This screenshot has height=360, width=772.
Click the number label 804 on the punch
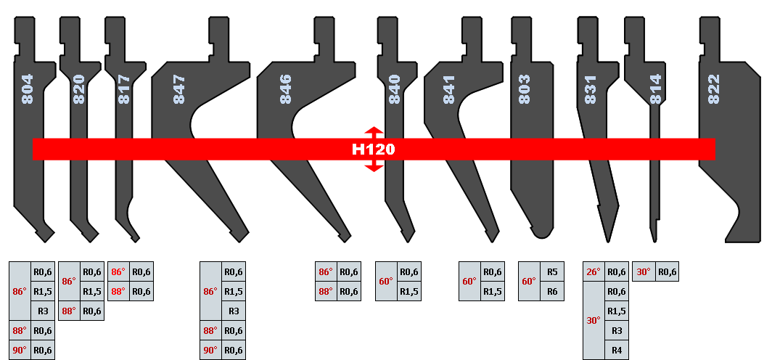pyautogui.click(x=28, y=90)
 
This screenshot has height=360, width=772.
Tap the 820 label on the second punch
pyautogui.click(x=79, y=89)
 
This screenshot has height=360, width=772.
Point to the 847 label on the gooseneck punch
pyautogui.click(x=178, y=90)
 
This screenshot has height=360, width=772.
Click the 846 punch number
pyautogui.click(x=285, y=90)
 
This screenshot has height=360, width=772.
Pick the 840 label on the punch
pyautogui.click(x=394, y=90)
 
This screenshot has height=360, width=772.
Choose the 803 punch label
pyautogui.click(x=525, y=90)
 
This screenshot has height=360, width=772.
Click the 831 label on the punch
pyautogui.click(x=591, y=90)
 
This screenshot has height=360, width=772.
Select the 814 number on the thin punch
pyautogui.click(x=656, y=90)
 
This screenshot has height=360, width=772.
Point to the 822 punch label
pyautogui.click(x=713, y=90)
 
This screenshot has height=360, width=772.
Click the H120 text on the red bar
pyautogui.click(x=373, y=150)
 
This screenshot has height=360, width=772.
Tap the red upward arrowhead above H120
pyautogui.click(x=373, y=131)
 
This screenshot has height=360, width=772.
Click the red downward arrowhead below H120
pyautogui.click(x=373, y=168)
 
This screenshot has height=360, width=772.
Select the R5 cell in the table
pyautogui.click(x=552, y=272)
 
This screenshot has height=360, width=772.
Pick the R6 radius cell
pyautogui.click(x=552, y=291)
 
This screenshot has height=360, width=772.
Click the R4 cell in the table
pyautogui.click(x=617, y=350)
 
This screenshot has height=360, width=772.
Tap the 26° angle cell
pyautogui.click(x=594, y=272)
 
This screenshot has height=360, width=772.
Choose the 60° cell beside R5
pyautogui.click(x=529, y=282)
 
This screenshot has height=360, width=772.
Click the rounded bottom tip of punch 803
pyautogui.click(x=538, y=234)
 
